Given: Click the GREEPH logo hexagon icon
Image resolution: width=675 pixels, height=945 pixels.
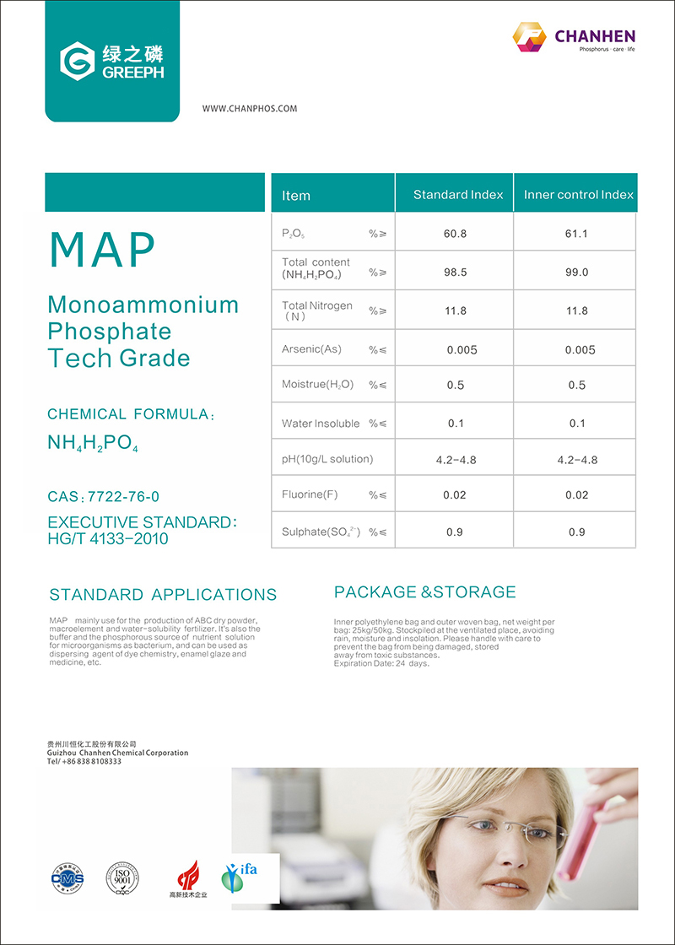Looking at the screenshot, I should (x=77, y=61).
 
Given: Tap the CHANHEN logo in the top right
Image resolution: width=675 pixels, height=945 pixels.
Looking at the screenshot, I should (x=574, y=37).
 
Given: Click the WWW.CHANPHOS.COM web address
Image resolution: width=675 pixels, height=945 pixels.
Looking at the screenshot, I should (x=250, y=109).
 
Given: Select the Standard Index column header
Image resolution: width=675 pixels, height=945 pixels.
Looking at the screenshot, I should (x=457, y=195).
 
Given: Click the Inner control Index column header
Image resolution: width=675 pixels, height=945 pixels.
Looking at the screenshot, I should (x=578, y=195).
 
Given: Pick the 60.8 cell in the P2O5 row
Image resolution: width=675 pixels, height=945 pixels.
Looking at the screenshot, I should (x=455, y=234).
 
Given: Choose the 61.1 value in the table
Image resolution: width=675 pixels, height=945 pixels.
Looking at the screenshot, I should (x=576, y=234).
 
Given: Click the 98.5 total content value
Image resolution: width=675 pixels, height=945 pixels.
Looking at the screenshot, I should (x=455, y=273).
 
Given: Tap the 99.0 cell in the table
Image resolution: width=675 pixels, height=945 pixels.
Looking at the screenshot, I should (x=576, y=273).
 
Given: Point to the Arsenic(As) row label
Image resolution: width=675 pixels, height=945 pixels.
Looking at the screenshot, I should (x=311, y=349).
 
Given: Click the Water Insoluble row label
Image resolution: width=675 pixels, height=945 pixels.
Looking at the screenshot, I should (x=321, y=424).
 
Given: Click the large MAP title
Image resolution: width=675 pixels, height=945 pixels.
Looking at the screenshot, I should (x=103, y=249).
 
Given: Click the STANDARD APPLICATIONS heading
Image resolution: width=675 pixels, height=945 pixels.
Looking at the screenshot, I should (x=163, y=595).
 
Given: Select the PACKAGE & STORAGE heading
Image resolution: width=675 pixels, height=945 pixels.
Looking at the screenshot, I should (x=424, y=592).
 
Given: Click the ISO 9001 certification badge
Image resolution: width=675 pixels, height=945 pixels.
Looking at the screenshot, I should (x=121, y=877).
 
